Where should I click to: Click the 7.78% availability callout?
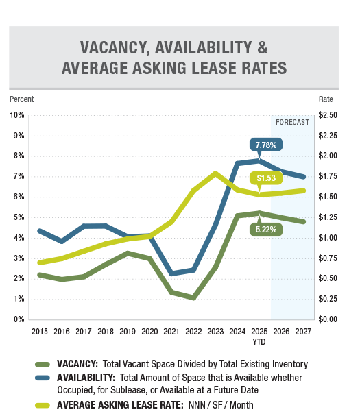[265, 145]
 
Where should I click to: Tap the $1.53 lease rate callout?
[266, 178]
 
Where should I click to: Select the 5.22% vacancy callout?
[266, 229]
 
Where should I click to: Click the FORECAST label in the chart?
[292, 122]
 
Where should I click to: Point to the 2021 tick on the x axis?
[171, 332]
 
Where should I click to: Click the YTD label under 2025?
[259, 342]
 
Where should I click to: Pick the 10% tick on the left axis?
[17, 115]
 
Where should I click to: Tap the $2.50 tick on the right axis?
[328, 115]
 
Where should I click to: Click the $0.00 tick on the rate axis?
[328, 319]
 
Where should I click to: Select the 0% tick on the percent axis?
[19, 319]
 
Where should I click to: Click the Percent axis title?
[22, 99]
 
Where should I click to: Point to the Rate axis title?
[326, 99]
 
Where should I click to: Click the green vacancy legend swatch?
[43, 365]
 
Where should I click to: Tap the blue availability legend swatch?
[43, 378]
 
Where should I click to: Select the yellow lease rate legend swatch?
[43, 405]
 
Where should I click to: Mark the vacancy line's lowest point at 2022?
[193, 298]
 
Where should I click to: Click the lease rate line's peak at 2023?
[215, 173]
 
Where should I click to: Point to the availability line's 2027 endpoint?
[303, 177]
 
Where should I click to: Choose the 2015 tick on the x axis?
[40, 332]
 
